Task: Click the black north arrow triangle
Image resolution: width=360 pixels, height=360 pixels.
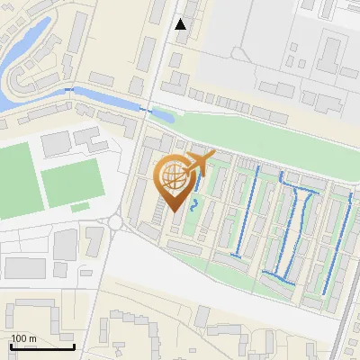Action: click(181, 24)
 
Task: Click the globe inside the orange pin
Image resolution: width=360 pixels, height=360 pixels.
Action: click(174, 177)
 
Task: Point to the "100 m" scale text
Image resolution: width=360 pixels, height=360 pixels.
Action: click(23, 338)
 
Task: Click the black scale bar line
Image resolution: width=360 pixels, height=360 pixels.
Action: click(42, 346)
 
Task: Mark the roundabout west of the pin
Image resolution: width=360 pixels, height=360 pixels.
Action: click(115, 222)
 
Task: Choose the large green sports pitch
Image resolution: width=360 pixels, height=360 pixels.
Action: click(71, 183)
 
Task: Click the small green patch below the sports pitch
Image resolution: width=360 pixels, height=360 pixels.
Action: click(81, 208)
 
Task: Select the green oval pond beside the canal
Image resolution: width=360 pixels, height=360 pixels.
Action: click(163, 114)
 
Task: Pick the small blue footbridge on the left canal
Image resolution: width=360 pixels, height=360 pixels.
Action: click(71, 90)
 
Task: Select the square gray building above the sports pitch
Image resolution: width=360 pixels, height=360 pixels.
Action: click(56, 142)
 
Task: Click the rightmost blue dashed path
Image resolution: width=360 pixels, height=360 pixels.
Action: click(337, 243)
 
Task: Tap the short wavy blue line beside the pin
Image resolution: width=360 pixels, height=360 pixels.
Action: click(193, 206)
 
